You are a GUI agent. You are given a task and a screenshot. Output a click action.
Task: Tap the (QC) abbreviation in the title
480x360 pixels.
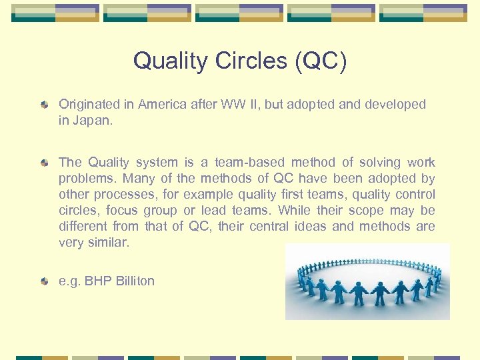(x=321, y=61)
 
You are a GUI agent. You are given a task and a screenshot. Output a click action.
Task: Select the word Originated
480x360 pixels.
(x=89, y=104)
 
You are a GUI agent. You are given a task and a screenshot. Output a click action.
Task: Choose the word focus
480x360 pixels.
(x=122, y=211)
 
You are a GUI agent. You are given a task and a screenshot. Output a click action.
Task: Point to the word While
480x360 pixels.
(x=294, y=211)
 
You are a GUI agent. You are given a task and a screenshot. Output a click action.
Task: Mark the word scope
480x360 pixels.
(x=365, y=211)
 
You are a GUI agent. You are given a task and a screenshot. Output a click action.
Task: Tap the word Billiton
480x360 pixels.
(x=133, y=281)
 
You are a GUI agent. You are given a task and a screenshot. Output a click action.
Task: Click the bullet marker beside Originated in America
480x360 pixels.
(x=44, y=105)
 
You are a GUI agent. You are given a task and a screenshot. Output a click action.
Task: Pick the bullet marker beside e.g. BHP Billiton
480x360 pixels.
(x=44, y=281)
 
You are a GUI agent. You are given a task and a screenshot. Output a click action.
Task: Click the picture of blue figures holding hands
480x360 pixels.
(x=367, y=282)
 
